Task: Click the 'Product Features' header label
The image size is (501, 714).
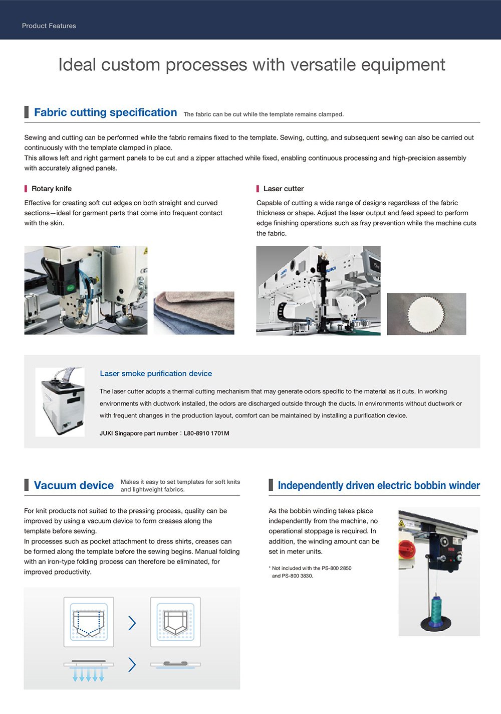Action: click(49, 26)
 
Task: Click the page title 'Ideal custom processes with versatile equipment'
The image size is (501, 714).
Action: click(252, 65)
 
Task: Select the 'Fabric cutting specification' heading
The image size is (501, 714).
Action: click(105, 112)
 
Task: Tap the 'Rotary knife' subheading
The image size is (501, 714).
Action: click(51, 189)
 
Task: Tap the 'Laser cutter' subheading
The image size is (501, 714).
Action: click(283, 189)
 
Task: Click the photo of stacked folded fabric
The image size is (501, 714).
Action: click(194, 313)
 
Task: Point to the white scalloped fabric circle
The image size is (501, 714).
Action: click(426, 315)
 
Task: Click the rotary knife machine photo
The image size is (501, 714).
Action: click(86, 290)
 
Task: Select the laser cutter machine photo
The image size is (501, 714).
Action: click(318, 291)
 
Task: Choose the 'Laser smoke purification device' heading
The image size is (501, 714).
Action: click(156, 373)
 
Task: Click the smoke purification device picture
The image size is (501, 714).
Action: click(60, 402)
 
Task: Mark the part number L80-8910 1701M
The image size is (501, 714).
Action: click(206, 433)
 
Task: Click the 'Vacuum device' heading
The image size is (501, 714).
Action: click(74, 485)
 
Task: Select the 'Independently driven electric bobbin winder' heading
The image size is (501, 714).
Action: click(378, 485)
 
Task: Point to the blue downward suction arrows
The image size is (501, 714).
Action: click(88, 674)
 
